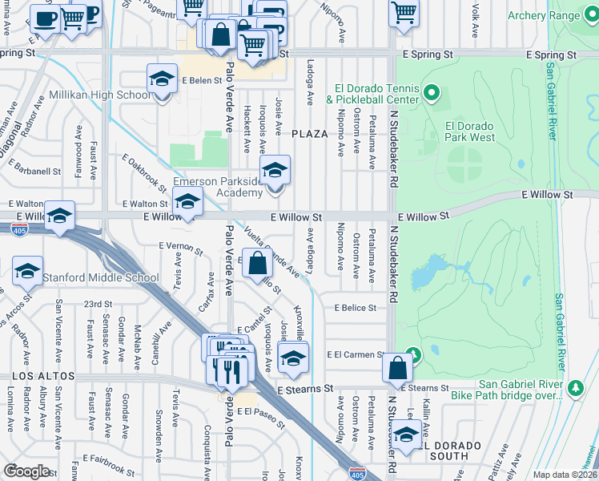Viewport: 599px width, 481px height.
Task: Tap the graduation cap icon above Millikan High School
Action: tap(162, 79)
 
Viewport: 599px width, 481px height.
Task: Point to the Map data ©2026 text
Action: tap(564, 475)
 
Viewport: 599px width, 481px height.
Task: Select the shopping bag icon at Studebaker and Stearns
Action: tap(398, 368)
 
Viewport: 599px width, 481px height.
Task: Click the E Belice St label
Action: tap(356, 308)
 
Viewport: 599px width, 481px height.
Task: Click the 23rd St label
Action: tap(98, 305)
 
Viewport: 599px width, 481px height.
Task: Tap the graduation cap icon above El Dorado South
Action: tap(407, 435)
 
